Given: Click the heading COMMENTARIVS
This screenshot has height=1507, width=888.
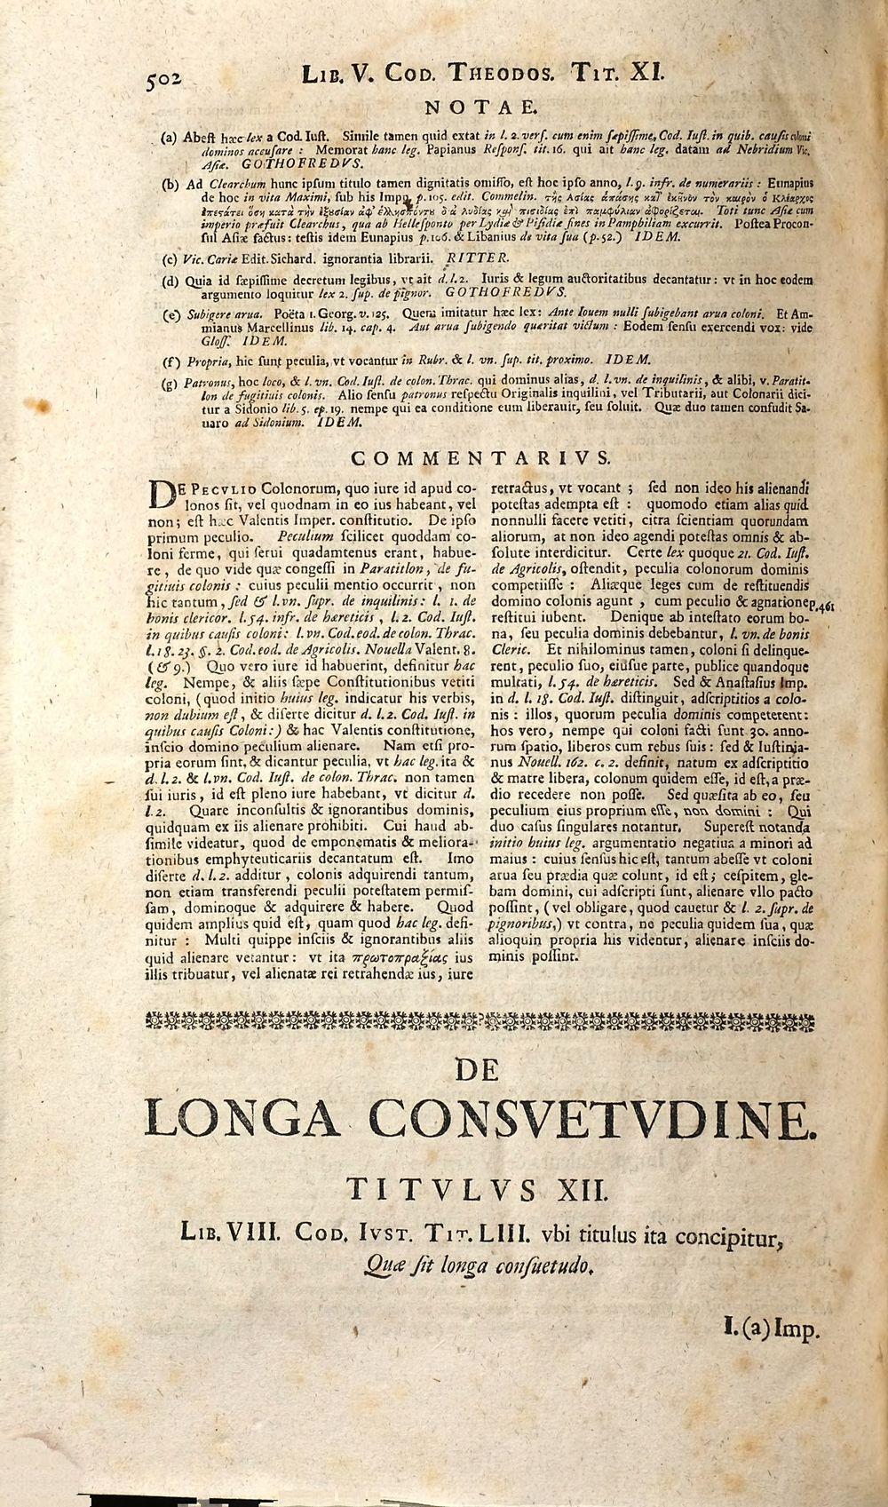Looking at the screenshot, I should click(x=481, y=458).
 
